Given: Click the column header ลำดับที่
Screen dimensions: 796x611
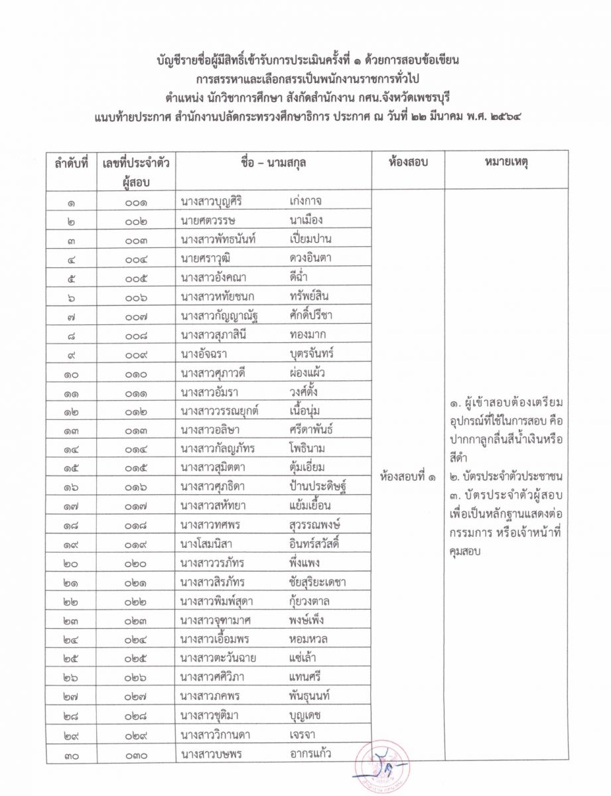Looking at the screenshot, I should (71, 163).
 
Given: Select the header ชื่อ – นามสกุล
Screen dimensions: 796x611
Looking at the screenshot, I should (274, 163).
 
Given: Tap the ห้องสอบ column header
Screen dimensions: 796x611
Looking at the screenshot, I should (408, 163).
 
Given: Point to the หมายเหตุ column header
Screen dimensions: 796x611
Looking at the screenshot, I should (506, 163).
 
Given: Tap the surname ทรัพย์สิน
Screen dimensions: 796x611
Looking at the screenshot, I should (310, 297).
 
